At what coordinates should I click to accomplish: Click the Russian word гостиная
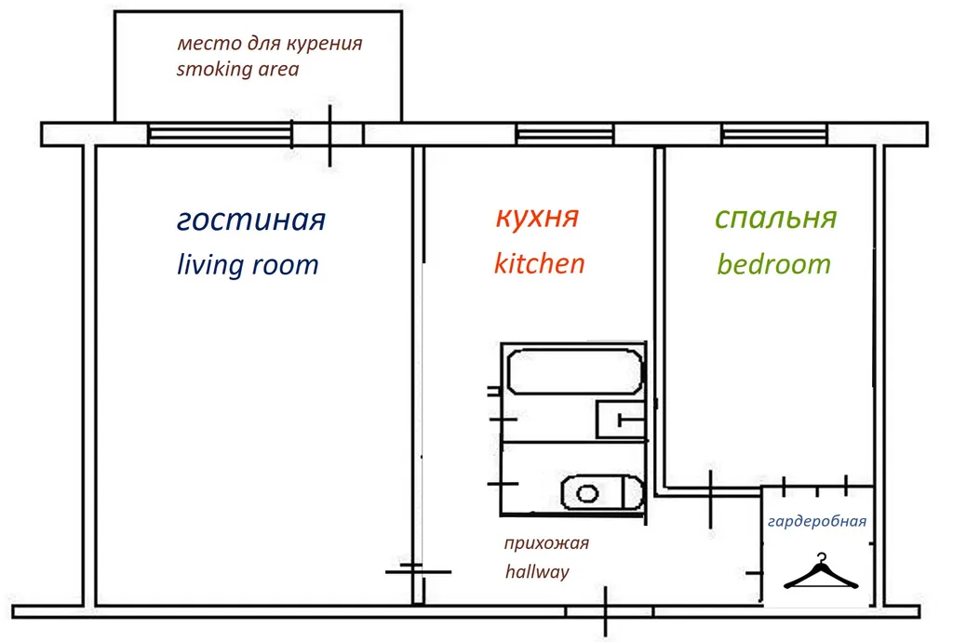[250, 221]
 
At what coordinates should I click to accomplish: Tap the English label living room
[248, 265]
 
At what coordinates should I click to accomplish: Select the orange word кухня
[537, 218]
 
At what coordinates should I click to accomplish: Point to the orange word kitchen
[539, 263]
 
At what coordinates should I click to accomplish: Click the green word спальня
[775, 219]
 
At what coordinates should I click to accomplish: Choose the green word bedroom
[773, 264]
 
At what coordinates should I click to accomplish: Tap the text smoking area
[237, 69]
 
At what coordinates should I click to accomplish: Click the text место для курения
[269, 44]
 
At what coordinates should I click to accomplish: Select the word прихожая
[546, 544]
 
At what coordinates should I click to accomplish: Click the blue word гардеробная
[817, 521]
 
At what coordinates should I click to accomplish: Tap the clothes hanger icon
[821, 572]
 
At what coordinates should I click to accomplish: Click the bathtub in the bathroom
[573, 370]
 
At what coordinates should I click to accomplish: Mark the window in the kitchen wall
[565, 135]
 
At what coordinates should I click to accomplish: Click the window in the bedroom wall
[774, 135]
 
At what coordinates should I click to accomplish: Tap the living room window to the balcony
[220, 135]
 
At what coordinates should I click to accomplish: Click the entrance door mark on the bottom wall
[606, 611]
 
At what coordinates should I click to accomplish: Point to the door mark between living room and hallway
[418, 570]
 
